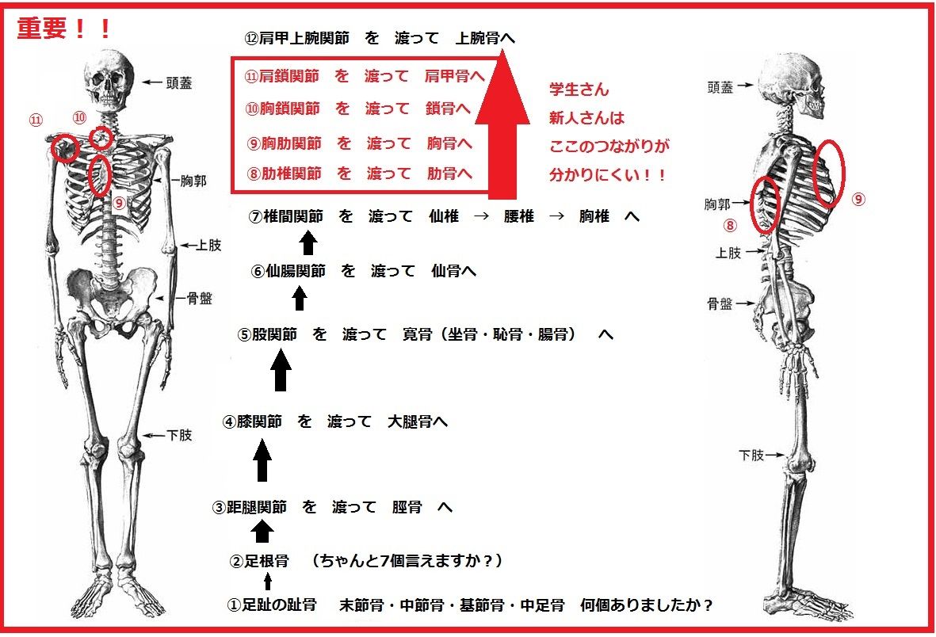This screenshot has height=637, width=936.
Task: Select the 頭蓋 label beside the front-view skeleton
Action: [176, 82]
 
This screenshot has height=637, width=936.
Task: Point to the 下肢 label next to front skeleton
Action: [178, 435]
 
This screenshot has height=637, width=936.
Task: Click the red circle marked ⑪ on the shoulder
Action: [64, 148]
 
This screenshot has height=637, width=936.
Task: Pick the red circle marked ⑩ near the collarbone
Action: [101, 138]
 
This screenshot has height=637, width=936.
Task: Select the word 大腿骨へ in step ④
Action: [417, 422]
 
